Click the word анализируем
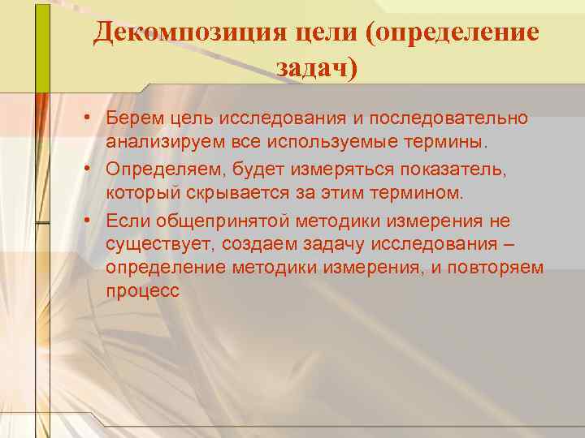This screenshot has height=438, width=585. pyautogui.click(x=159, y=142)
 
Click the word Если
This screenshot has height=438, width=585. pyautogui.click(x=127, y=221)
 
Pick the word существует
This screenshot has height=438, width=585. pyautogui.click(x=155, y=245)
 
